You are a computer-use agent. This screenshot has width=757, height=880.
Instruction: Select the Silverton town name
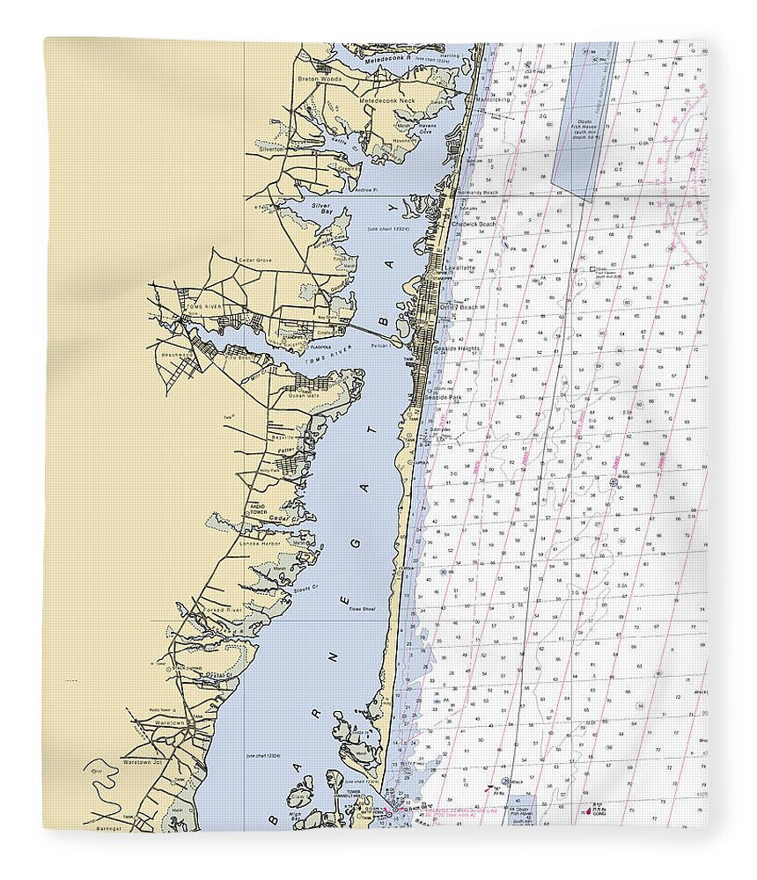(x=271, y=150)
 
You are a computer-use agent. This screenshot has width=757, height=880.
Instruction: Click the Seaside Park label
(x=442, y=397)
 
